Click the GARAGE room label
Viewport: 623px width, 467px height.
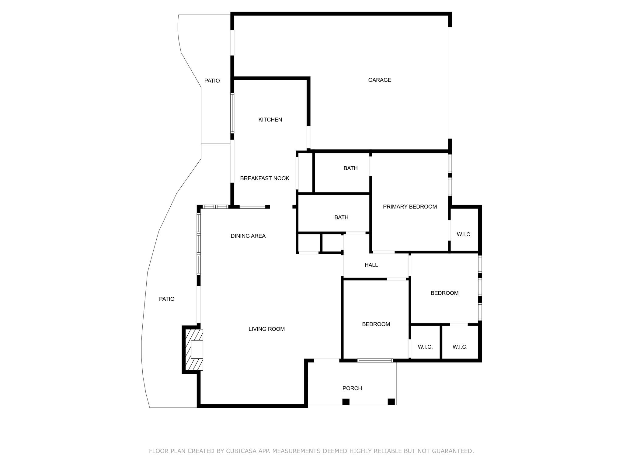coord(379,80)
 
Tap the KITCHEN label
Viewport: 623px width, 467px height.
coord(270,120)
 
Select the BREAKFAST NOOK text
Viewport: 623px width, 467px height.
coord(264,178)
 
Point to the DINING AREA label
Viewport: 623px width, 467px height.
coord(248,236)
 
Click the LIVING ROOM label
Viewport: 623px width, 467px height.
coord(266,329)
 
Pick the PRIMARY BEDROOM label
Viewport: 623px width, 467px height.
coord(409,207)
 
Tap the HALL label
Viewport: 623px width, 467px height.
coord(371,265)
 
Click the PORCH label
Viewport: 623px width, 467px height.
coord(352,388)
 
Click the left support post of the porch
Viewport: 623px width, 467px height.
coord(346,402)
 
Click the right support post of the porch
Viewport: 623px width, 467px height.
coord(391,402)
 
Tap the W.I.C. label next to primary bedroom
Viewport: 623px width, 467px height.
coord(464,234)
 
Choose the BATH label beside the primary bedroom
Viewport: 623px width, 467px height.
coord(350,168)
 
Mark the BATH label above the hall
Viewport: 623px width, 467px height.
coord(341,217)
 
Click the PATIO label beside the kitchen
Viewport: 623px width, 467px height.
coord(212,81)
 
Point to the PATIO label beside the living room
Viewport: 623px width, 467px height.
coord(167,299)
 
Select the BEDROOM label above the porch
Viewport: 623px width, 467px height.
coord(376,324)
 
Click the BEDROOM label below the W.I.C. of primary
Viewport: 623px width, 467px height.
coord(444,293)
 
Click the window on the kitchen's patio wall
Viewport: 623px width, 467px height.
coord(232,113)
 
